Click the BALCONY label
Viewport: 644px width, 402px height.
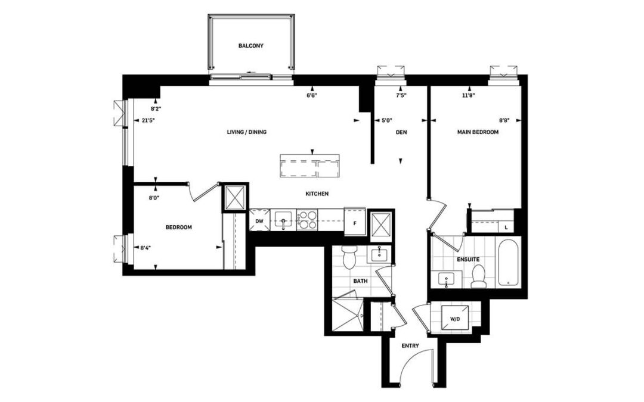pos(250,46)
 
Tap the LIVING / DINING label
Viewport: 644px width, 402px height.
pos(246,132)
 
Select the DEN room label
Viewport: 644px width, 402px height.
pos(401,132)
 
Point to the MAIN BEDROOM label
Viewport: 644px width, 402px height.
pos(478,132)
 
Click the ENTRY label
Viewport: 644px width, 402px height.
pos(410,346)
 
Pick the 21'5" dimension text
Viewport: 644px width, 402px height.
pos(147,120)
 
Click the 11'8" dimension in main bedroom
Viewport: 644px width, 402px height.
pos(468,95)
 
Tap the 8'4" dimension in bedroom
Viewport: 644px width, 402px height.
pos(145,248)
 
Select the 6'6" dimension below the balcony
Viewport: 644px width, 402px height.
pos(312,95)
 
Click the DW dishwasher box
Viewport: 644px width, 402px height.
pos(259,221)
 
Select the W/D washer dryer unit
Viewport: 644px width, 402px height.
pos(454,318)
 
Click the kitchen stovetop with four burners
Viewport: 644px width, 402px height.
pos(307,219)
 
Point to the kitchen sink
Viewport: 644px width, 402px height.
pos(283,220)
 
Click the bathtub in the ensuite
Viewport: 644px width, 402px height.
pos(509,262)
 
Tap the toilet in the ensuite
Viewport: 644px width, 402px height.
pos(478,276)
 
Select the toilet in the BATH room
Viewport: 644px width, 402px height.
pos(349,257)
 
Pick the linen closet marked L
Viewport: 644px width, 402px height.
pos(506,227)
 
